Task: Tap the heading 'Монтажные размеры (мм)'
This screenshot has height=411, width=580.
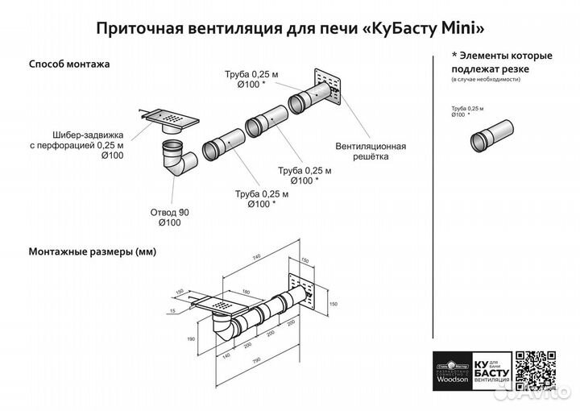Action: click(92, 251)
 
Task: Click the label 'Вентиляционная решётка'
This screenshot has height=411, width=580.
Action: click(370, 152)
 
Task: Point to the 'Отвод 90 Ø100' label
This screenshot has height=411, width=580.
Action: click(169, 217)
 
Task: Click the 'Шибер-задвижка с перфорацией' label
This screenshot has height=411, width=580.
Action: click(77, 146)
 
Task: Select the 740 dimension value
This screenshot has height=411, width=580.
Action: click(255, 255)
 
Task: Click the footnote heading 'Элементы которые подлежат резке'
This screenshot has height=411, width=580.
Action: click(502, 62)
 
